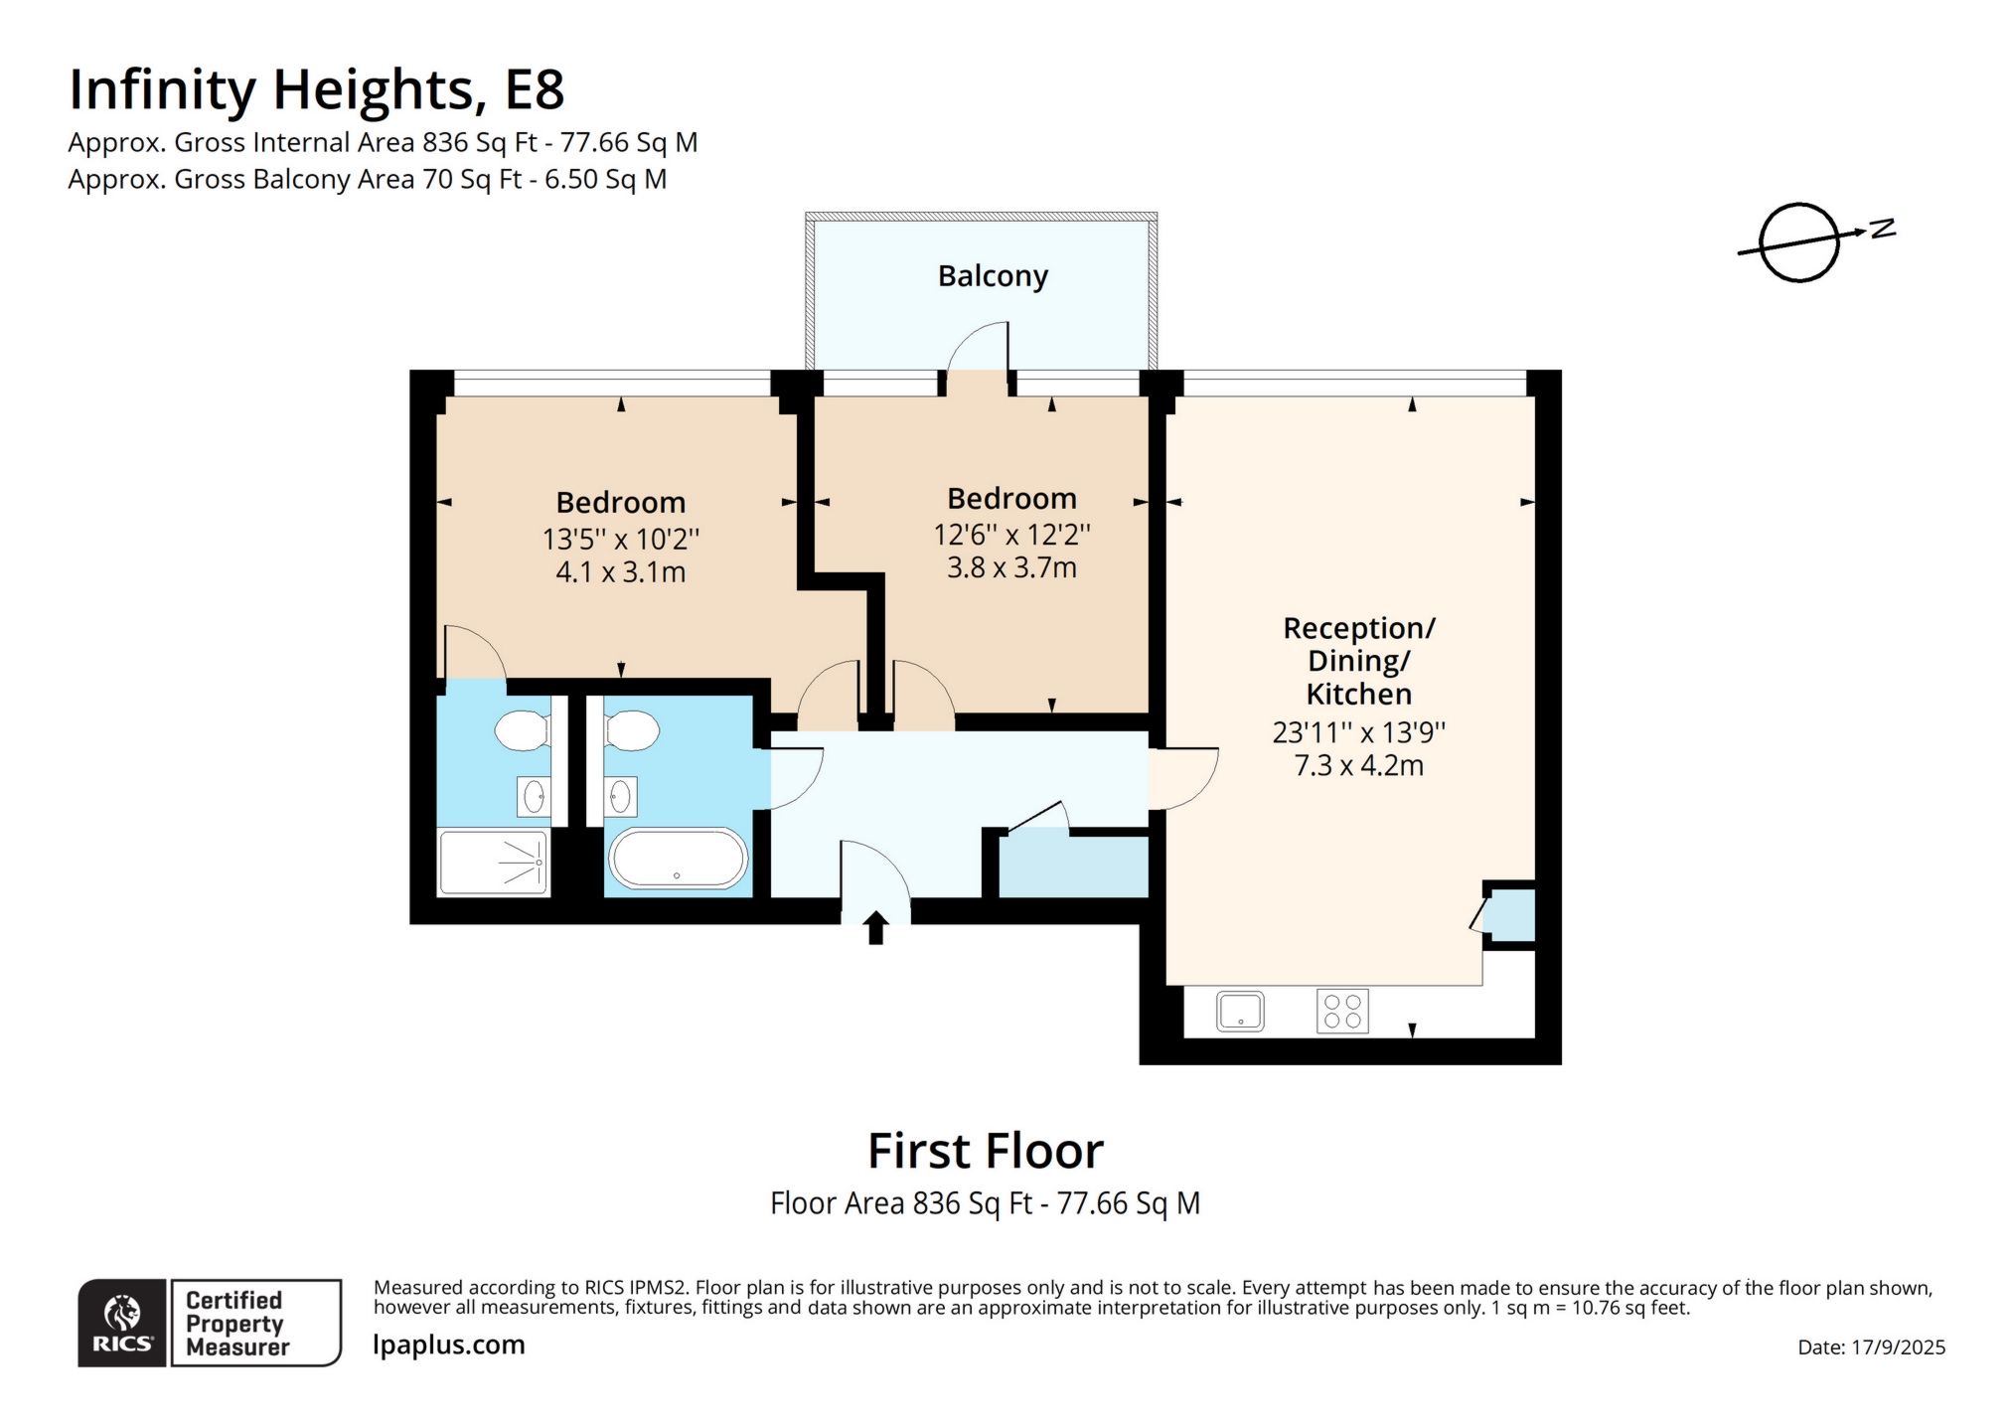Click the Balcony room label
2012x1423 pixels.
click(x=993, y=276)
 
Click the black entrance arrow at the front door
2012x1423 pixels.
click(x=875, y=927)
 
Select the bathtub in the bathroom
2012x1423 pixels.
click(x=678, y=859)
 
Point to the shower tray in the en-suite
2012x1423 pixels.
click(x=494, y=863)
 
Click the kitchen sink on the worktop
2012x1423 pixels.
click(x=1240, y=1012)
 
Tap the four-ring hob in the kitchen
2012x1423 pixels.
click(x=1342, y=1012)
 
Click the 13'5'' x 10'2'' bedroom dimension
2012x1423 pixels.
click(x=621, y=540)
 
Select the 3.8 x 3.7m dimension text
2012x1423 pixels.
click(x=1011, y=568)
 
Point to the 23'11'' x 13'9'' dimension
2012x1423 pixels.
click(x=1358, y=733)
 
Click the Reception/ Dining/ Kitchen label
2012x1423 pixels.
click(x=1358, y=661)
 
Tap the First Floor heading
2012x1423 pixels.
click(x=986, y=1151)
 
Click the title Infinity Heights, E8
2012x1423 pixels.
click(x=317, y=89)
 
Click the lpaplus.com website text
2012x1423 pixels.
click(x=449, y=1345)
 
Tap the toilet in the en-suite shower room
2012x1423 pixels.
click(x=522, y=731)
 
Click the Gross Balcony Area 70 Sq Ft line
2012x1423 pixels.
click(x=368, y=180)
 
